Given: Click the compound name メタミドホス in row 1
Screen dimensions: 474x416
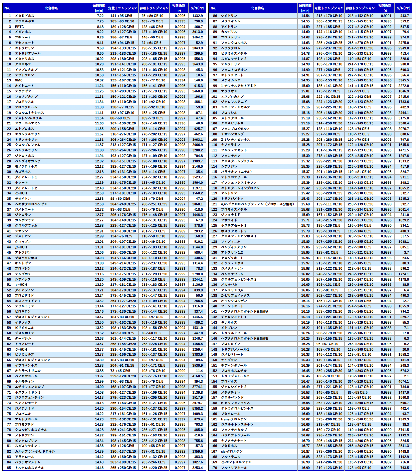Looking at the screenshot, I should [24, 16].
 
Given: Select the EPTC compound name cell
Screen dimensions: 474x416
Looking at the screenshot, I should [19, 27].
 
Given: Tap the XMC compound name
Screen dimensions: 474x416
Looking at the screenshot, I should [19, 80].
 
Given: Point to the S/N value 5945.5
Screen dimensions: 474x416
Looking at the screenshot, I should [403, 80].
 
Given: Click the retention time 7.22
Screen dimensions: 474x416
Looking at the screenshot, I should [100, 16].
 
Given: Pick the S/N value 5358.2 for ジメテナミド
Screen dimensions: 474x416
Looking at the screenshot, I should [197, 408].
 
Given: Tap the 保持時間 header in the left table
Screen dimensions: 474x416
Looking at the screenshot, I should [99, 8].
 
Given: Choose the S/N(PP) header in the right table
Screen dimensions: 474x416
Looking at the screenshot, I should [403, 8].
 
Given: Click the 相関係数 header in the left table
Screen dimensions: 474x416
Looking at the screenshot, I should [179, 8].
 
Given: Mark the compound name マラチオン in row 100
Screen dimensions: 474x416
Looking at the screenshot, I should [229, 91].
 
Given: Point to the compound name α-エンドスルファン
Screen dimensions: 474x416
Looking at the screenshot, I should [236, 462].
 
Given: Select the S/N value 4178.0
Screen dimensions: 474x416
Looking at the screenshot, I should [403, 279].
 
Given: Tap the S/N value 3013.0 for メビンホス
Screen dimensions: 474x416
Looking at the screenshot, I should [197, 32].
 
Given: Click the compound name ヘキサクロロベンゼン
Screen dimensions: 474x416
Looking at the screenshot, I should [31, 204].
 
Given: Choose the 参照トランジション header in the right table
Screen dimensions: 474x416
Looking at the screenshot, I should [360, 8].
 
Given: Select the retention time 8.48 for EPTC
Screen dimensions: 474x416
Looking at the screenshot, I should [100, 27].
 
